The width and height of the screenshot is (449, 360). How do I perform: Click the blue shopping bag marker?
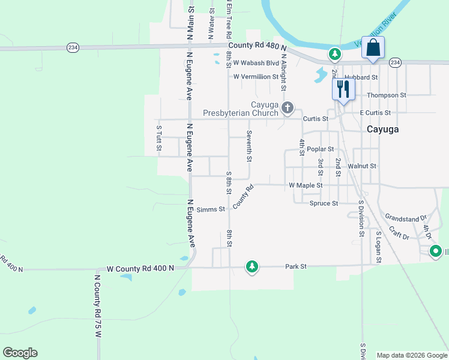(x=373, y=49)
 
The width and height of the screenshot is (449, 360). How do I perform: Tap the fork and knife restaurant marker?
(x=343, y=90)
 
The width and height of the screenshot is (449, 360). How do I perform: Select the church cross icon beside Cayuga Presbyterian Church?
(x=288, y=108)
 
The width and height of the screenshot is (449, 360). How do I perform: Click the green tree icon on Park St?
(x=252, y=266)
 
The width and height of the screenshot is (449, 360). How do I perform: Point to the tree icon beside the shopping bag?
(x=335, y=55)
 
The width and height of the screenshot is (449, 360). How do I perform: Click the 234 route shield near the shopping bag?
(x=394, y=62)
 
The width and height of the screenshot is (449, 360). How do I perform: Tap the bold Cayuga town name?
(x=383, y=129)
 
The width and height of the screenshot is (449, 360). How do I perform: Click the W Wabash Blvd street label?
(x=256, y=62)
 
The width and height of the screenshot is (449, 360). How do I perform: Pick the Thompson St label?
(x=387, y=95)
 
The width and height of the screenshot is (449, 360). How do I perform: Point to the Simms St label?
(x=211, y=209)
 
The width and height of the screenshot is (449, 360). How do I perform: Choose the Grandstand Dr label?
(x=406, y=218)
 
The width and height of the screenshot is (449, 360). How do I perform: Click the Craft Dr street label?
(x=399, y=233)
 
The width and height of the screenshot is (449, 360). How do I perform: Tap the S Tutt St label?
(x=159, y=137)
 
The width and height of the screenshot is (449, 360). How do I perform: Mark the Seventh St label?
(x=249, y=147)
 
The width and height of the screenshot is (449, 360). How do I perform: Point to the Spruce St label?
(x=324, y=203)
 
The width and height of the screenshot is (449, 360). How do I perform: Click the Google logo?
(x=20, y=353)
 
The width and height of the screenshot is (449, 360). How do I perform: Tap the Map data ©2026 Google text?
(x=412, y=355)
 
